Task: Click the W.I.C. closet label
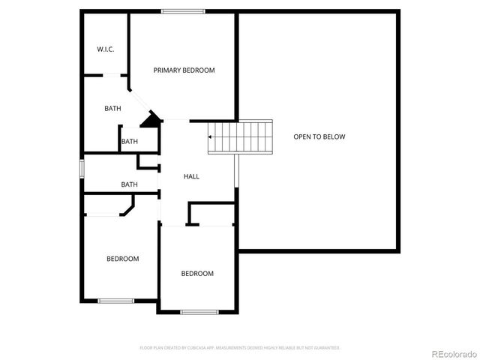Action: (104, 49)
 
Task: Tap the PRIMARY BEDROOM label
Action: (184, 70)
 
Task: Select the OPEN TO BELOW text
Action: (319, 136)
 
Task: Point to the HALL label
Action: (191, 176)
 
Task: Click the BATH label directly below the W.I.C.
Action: (112, 109)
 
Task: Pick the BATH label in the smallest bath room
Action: (130, 141)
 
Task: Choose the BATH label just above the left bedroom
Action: (130, 184)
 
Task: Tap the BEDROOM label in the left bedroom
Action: (122, 259)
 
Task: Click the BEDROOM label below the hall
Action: (197, 274)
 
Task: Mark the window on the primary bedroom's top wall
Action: (183, 11)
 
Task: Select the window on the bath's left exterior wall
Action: (82, 168)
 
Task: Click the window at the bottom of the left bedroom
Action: (115, 301)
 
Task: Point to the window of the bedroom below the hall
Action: (199, 311)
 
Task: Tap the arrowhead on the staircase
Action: (211, 137)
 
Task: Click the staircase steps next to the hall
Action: (241, 137)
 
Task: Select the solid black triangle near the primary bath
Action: (153, 118)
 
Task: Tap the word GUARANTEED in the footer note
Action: (325, 348)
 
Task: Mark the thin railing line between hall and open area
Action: (237, 170)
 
